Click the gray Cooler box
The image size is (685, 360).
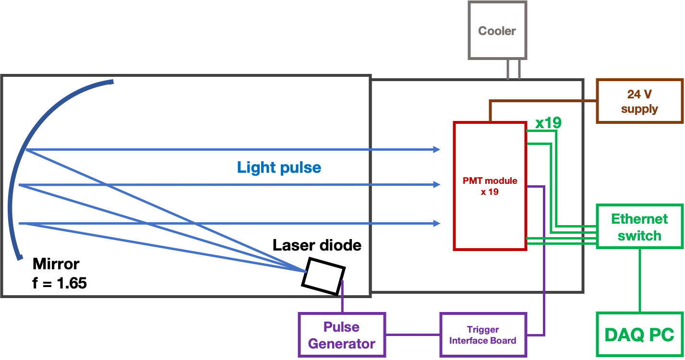click(497, 30)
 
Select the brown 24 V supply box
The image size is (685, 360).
click(639, 101)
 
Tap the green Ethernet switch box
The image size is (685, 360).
click(639, 227)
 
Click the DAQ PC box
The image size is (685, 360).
click(639, 334)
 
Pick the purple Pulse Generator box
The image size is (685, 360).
click(341, 335)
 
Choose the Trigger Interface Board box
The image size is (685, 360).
click(483, 335)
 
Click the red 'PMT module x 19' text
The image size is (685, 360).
click(490, 186)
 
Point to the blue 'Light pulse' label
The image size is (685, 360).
click(279, 167)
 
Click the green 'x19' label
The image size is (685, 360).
click(548, 123)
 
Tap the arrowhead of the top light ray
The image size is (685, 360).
click(437, 150)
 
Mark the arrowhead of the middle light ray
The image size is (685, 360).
click(437, 185)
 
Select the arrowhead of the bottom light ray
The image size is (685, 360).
click(437, 223)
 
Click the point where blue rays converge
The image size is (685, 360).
click(305, 272)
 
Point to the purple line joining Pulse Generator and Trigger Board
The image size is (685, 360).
click(413, 335)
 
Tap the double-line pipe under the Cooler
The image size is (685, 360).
click(513, 69)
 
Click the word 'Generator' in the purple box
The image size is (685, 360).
click(341, 344)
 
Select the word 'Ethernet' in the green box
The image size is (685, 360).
click(639, 219)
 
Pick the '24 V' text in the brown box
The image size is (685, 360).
click(639, 94)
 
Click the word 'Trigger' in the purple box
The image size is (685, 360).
click(483, 330)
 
